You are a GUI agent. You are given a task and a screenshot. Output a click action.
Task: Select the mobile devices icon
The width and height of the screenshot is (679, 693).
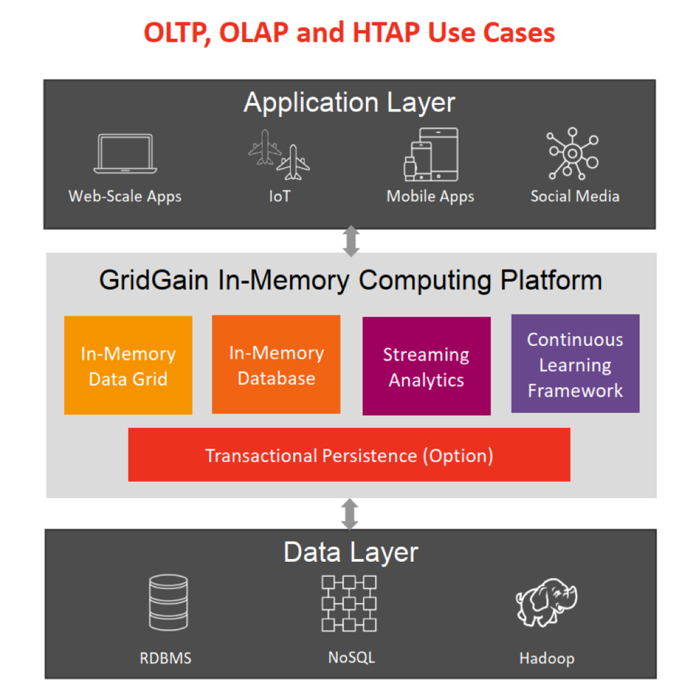click(430, 154)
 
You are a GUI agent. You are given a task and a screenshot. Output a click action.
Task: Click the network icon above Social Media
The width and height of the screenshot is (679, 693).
click(573, 152)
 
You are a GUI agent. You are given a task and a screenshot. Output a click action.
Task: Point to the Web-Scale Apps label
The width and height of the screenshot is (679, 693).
click(125, 196)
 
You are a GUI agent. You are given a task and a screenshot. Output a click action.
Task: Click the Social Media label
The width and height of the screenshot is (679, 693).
click(575, 196)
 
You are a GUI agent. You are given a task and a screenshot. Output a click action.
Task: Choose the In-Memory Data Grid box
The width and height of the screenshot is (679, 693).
click(128, 366)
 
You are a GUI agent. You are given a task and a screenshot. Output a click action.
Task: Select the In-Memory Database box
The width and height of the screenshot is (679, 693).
click(276, 365)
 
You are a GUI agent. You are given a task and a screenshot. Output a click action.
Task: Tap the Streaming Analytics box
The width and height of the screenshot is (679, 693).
click(426, 366)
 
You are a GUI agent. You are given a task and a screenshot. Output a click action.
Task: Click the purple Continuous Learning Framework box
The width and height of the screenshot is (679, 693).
click(575, 364)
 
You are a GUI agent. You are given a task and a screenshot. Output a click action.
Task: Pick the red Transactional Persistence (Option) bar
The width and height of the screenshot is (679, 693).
click(349, 455)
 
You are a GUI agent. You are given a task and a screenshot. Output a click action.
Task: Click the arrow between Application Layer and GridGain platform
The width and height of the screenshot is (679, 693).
click(350, 241)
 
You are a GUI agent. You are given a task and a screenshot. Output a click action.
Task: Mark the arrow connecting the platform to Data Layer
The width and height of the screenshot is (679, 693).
click(349, 514)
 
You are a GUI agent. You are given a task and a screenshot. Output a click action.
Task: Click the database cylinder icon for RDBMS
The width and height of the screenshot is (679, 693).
click(169, 603)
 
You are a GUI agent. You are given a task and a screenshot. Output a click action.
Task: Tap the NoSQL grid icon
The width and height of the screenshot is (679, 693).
click(349, 603)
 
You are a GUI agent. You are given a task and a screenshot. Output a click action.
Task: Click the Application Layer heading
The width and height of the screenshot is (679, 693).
click(349, 103)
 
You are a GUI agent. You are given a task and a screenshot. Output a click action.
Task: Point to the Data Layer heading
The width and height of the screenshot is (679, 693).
click(350, 552)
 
